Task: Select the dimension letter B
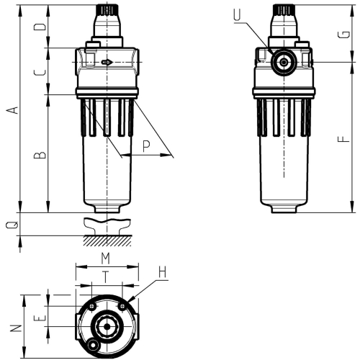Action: [42, 154]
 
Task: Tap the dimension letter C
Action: [42, 71]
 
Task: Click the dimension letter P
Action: [146, 146]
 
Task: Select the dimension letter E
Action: [42, 317]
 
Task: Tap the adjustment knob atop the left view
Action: [107, 12]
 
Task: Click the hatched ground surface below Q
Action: [107, 239]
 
